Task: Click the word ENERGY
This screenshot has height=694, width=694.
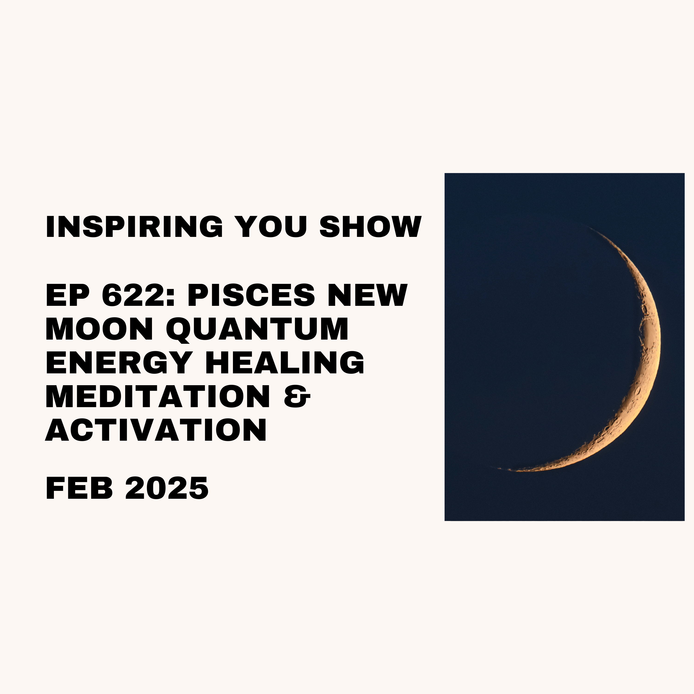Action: [118, 362]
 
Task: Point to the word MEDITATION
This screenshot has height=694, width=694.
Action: [158, 396]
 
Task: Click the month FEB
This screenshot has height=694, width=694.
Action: [79, 488]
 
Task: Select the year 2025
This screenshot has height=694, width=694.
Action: [167, 488]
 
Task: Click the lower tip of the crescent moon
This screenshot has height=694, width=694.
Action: [499, 468]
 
